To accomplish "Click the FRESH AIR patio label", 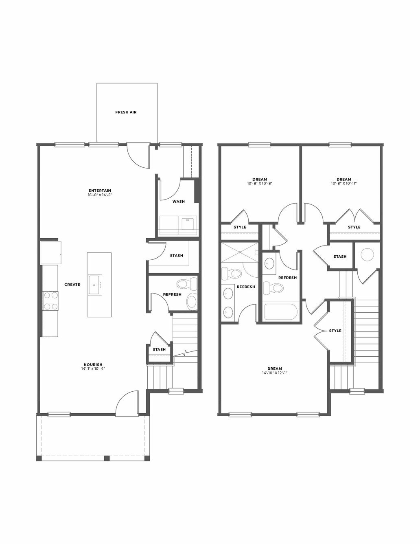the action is tap(126, 112).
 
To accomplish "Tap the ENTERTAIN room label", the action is tap(100, 191).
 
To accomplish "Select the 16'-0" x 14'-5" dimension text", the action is tap(100, 195).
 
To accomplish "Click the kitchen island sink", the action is tap(95, 285).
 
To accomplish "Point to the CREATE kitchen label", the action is tap(72, 284).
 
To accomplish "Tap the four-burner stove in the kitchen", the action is tap(50, 301).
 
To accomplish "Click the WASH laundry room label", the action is tap(179, 201).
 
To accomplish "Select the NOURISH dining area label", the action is tap(93, 364).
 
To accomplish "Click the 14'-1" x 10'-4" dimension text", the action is tap(93, 369).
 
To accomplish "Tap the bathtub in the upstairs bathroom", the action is tap(281, 311).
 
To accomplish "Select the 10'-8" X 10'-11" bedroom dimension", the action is tap(344, 183).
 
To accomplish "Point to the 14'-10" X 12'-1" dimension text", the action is tap(275, 373).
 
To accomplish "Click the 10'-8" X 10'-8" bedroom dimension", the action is tap(260, 183).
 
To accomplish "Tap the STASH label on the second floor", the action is tap(340, 257).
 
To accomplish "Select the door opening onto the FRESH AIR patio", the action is tap(138, 156).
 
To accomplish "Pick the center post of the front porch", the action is tap(107, 458).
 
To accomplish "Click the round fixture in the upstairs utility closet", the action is tap(367, 254).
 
